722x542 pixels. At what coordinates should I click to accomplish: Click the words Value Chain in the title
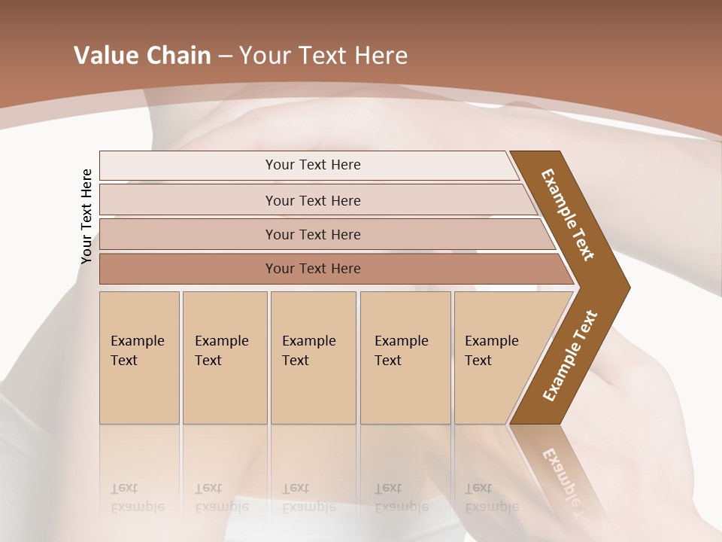[x=142, y=56]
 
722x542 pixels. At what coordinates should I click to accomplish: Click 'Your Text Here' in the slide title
[x=323, y=56]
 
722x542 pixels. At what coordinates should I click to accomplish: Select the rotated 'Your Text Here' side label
[x=86, y=217]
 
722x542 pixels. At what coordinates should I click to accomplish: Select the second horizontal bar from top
[x=312, y=200]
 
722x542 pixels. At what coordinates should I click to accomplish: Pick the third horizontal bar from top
[x=312, y=234]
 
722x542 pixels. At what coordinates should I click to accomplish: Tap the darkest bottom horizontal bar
[x=312, y=269]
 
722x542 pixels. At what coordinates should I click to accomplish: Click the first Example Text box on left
[x=139, y=358]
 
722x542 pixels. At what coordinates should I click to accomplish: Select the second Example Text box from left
[x=224, y=358]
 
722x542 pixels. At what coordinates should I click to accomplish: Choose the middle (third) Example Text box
[x=313, y=358]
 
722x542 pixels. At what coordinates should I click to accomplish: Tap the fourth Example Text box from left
[x=405, y=358]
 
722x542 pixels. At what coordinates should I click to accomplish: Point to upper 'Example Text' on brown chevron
[x=568, y=215]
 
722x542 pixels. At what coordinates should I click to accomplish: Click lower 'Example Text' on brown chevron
[x=569, y=356]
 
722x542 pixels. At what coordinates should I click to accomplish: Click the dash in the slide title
[x=225, y=56]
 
